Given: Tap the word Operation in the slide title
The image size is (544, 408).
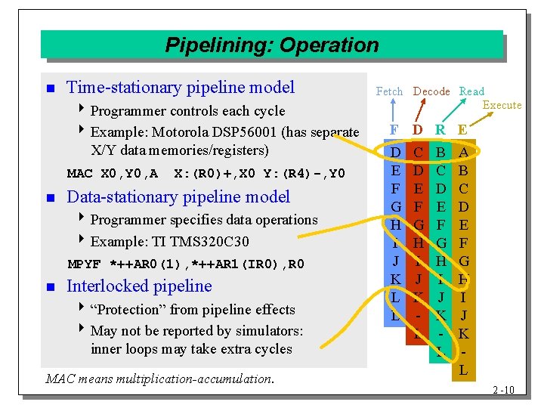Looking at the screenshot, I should pos(329,45).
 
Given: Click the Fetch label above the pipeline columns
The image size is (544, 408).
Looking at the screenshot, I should pos(389,91).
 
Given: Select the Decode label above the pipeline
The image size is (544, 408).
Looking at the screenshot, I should pos(431,91).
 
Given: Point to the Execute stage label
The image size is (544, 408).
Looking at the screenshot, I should pos(502,105).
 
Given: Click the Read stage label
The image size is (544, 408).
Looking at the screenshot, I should pos(471,91).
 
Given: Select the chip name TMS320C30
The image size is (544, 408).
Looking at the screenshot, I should pos(212,242).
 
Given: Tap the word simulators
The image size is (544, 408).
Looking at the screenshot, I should pos(268,331).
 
